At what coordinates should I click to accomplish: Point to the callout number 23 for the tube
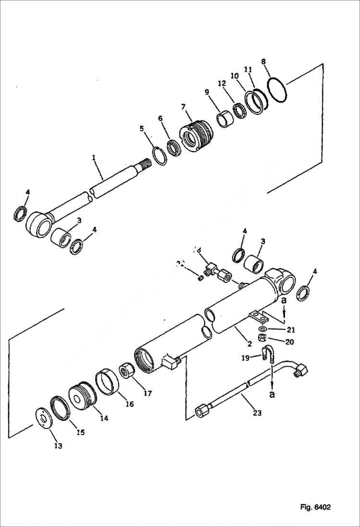click(x=257, y=413)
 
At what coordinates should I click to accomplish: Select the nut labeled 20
click(x=263, y=338)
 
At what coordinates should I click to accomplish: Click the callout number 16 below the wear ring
click(x=129, y=404)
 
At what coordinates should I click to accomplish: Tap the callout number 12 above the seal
click(x=222, y=84)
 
